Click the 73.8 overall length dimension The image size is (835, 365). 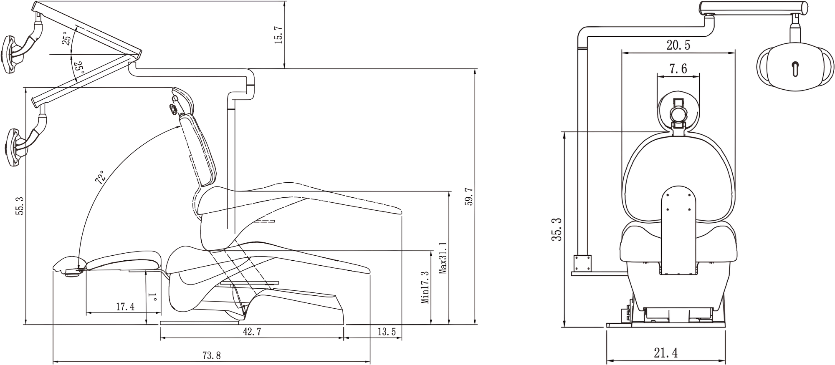click(211, 355)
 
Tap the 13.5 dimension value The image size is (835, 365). click(387, 332)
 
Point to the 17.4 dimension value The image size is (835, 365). click(125, 307)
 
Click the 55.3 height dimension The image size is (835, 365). click(19, 206)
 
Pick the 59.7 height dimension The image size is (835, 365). click(468, 196)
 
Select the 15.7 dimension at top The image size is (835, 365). click(278, 35)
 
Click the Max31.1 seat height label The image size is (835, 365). click(443, 257)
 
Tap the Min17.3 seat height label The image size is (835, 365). click(425, 287)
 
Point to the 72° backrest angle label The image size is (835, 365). click(100, 177)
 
